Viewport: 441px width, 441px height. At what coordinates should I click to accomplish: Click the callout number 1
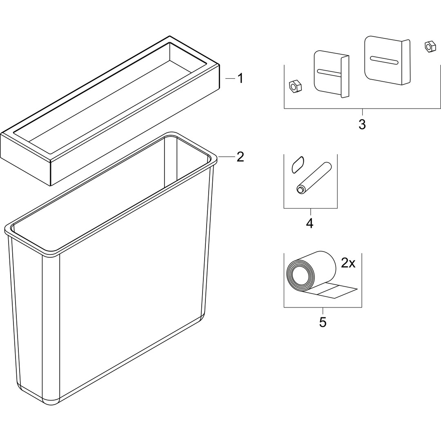coord(240,78)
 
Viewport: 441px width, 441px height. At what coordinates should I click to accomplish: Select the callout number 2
coord(240,157)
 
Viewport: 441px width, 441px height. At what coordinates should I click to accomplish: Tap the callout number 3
coord(362,124)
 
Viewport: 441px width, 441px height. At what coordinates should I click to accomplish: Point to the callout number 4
coord(310,223)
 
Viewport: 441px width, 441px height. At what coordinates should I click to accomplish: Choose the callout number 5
coord(323,322)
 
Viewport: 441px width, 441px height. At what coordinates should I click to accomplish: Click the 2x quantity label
coord(348,263)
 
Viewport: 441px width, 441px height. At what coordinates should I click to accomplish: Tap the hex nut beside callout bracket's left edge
coord(295,86)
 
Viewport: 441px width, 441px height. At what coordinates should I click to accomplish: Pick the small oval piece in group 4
coord(298,165)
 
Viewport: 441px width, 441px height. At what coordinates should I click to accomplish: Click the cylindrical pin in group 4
coord(314,178)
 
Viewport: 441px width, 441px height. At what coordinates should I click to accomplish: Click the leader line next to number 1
coord(230,79)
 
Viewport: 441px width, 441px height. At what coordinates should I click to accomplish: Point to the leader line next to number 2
coord(226,157)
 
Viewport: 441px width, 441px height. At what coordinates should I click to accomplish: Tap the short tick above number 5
coord(323,311)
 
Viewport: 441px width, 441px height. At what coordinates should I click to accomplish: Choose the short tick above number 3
coord(362,112)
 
